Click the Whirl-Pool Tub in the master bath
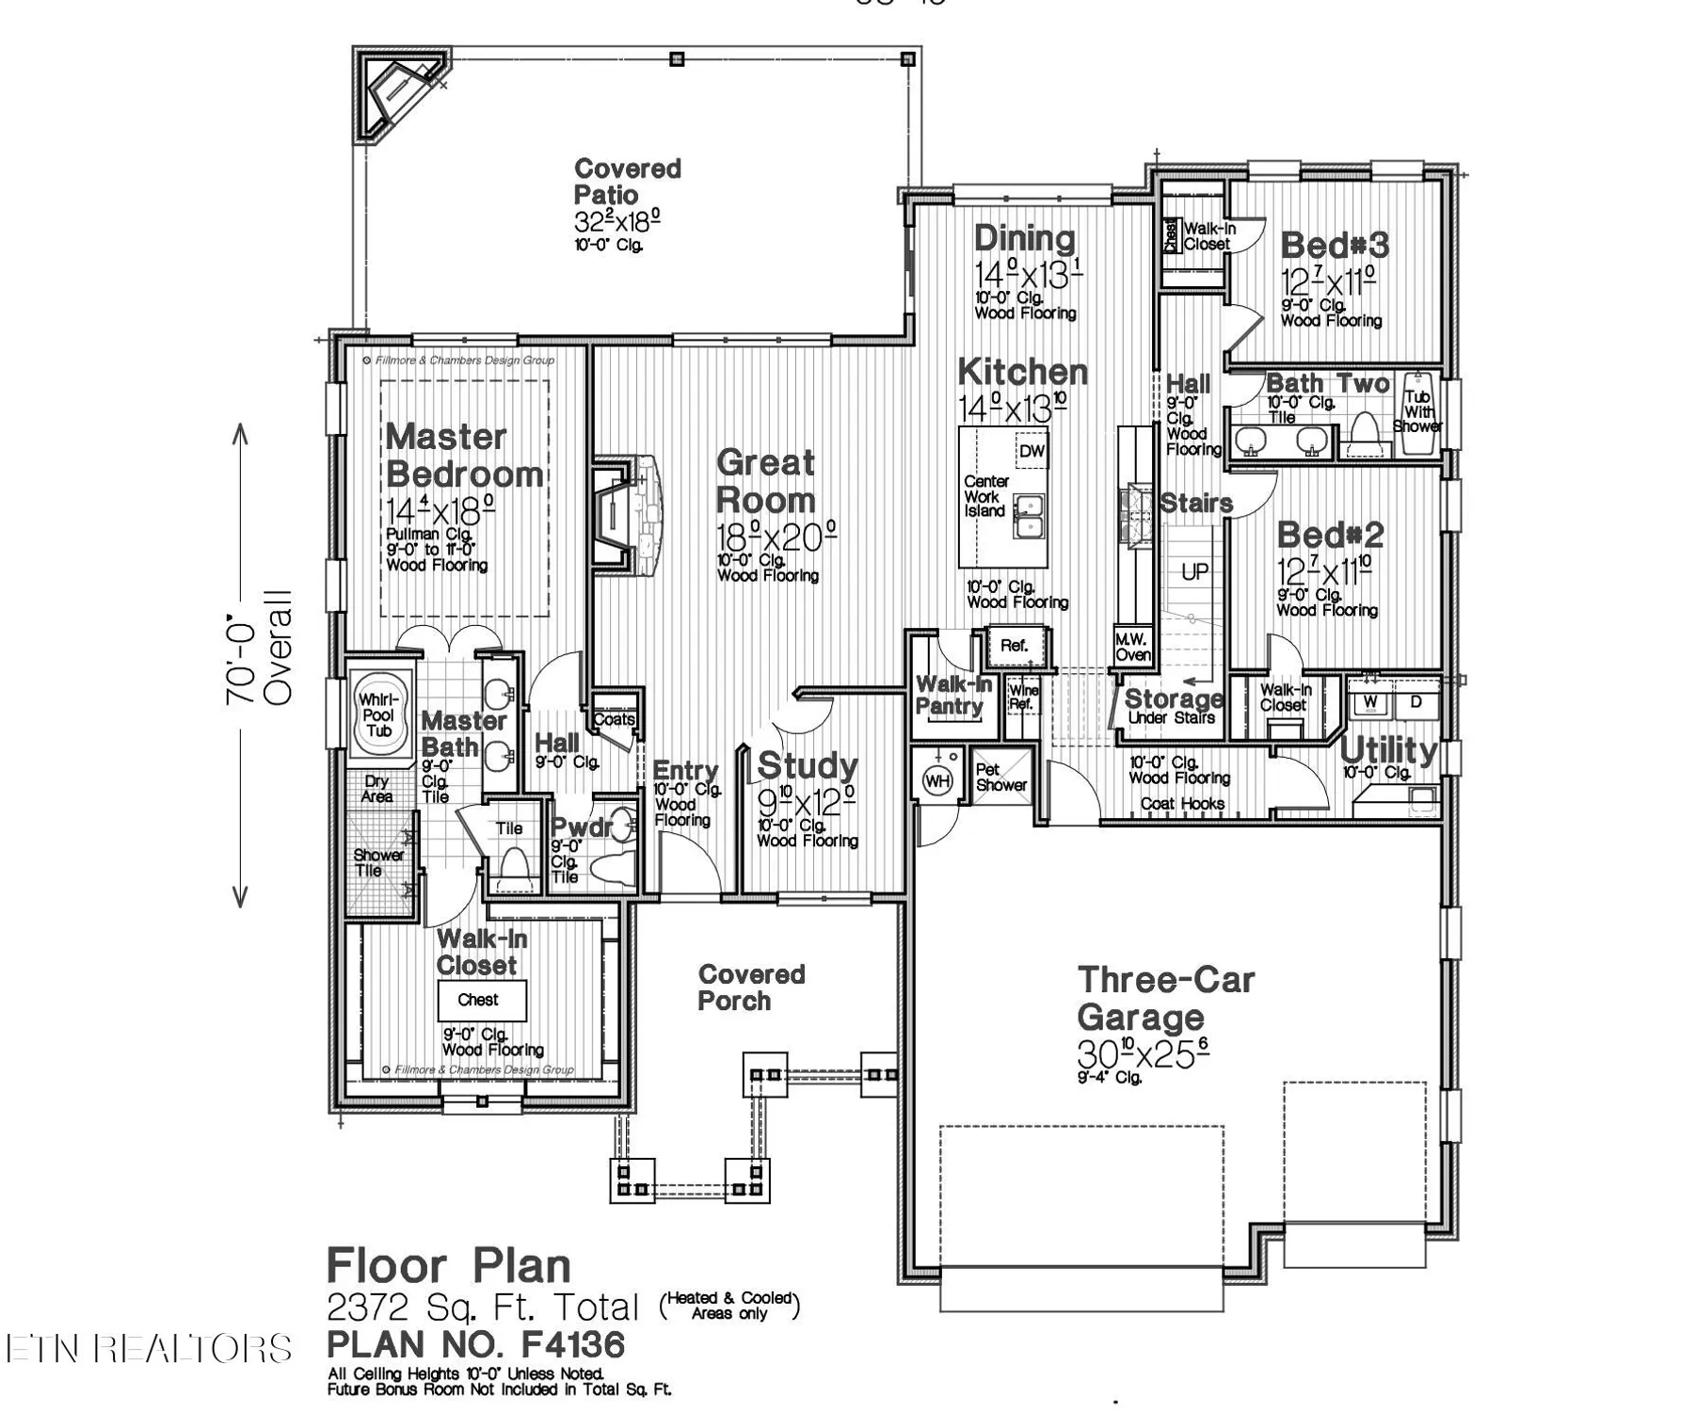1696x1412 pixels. pos(379,713)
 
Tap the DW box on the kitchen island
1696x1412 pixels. pos(1032,451)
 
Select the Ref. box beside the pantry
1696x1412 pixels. pos(1014,646)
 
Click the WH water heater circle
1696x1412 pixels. pos(937,780)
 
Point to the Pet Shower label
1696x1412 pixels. pos(1000,778)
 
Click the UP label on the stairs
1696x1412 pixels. pos(1194,571)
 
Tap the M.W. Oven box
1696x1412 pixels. pos(1132,647)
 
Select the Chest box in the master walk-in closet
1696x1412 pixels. pos(481,1000)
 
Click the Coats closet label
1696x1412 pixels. pos(615,719)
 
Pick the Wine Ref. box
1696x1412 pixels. pos(1022,698)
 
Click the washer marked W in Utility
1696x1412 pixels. pos(1370,702)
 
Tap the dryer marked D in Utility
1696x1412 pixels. pos(1416,702)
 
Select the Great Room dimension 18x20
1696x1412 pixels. pos(776,538)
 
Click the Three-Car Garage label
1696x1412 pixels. pos(1165,998)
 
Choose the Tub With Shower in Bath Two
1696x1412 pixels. pos(1418,412)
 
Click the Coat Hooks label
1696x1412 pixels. pos(1182,804)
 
